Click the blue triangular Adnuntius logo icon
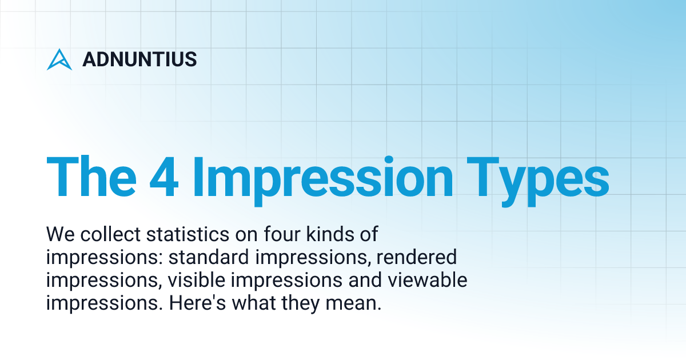tap(59, 59)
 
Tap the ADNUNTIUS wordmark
tap(139, 59)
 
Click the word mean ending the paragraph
tap(356, 303)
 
